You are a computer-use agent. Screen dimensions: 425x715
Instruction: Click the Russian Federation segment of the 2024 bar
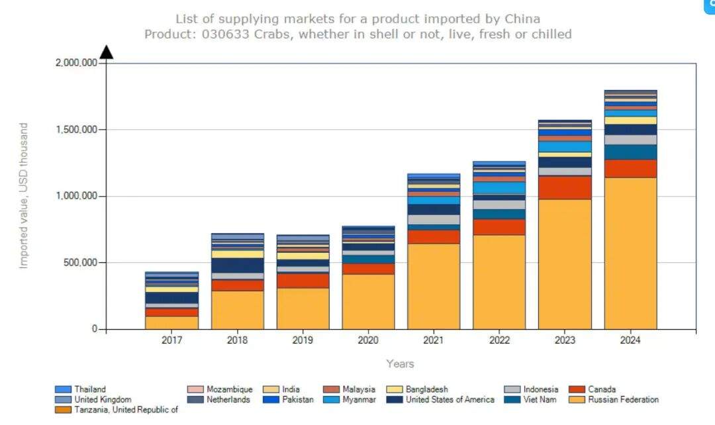point(630,253)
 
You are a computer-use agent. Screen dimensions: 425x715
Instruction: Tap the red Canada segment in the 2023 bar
point(565,187)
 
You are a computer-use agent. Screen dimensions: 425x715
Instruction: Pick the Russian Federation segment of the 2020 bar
point(368,301)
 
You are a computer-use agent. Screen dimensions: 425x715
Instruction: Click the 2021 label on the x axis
point(434,340)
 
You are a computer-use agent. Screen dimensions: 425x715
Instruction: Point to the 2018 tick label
point(237,340)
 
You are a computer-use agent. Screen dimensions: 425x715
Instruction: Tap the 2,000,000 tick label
point(75,63)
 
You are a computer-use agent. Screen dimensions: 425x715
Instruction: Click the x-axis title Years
point(400,363)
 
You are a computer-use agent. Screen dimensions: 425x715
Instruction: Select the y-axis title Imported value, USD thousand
point(24,195)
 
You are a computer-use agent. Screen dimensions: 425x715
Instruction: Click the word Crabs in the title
point(274,34)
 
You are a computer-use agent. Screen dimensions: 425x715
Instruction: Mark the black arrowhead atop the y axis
point(106,52)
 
